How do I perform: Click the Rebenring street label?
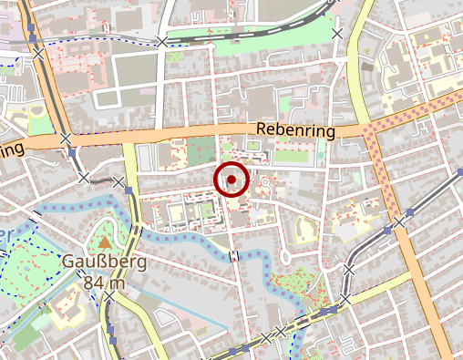[x=296, y=131]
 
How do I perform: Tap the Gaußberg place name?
[x=94, y=262]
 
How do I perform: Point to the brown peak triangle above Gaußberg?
[x=106, y=242]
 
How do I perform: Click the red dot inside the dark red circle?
[x=232, y=180]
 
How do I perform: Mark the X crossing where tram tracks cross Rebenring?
[x=66, y=139]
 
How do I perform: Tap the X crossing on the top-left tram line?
[x=37, y=54]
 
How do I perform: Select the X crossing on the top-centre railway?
[x=162, y=41]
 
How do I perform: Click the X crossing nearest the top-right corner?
[x=338, y=34]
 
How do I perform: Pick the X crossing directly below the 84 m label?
[x=110, y=299]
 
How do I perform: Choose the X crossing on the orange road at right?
[x=399, y=221]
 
